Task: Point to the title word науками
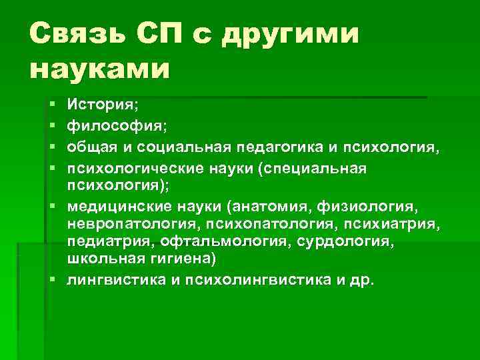[x=100, y=69]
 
